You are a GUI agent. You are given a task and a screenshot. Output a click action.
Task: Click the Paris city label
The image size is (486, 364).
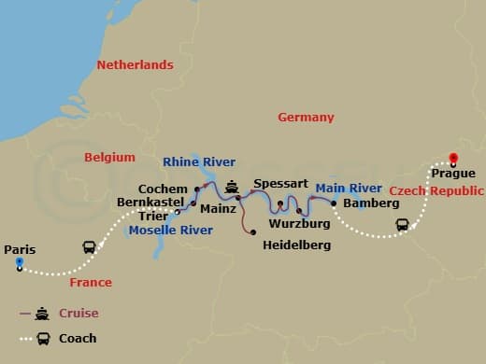20,249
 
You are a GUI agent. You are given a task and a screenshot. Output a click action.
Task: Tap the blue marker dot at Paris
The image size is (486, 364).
19,263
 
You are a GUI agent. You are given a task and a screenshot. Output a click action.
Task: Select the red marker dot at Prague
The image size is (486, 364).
453,158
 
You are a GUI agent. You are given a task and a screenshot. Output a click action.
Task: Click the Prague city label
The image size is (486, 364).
453,174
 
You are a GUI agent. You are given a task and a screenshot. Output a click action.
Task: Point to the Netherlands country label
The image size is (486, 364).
136,65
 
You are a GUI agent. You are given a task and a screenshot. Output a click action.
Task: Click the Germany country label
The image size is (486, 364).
306,118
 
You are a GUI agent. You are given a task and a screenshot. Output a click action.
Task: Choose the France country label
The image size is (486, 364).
91,282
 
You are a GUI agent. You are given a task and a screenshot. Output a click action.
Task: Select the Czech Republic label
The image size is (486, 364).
436,190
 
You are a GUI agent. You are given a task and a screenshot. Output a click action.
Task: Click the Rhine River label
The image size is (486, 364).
199,161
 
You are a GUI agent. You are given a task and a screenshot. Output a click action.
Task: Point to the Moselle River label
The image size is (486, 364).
171,230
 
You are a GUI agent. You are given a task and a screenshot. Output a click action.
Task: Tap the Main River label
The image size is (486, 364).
349,188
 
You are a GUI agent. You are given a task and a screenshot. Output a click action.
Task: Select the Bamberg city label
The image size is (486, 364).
364,203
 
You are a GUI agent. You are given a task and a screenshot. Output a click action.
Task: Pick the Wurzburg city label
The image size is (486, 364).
299,224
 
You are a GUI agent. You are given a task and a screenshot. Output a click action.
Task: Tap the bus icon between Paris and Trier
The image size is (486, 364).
89,248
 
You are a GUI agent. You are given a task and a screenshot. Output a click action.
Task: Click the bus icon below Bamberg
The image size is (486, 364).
402,224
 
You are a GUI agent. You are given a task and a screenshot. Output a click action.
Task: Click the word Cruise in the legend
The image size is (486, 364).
79,314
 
